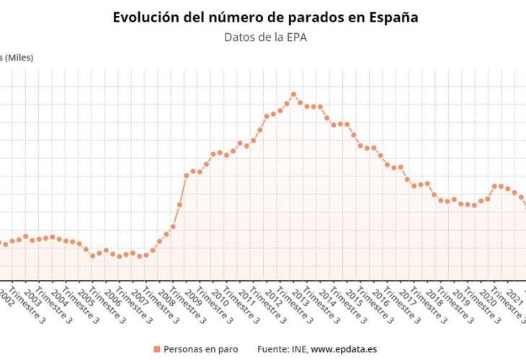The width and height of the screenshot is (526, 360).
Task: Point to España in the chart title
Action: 392,17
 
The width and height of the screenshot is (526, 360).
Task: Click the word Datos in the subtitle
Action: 239,38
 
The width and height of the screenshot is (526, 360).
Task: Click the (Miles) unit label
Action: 19,58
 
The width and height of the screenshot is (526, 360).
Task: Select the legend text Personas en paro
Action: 200,349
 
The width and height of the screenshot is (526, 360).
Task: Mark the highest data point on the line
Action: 293,94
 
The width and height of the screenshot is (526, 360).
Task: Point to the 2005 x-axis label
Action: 86,296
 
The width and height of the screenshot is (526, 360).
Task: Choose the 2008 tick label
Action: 166,296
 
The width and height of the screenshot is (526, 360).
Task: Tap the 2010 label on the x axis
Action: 220,296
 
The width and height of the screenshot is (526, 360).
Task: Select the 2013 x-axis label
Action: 300,296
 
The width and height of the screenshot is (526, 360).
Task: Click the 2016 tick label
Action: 380,296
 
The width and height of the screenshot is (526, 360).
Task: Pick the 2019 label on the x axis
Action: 460,296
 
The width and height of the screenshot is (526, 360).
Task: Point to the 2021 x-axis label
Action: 513,296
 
